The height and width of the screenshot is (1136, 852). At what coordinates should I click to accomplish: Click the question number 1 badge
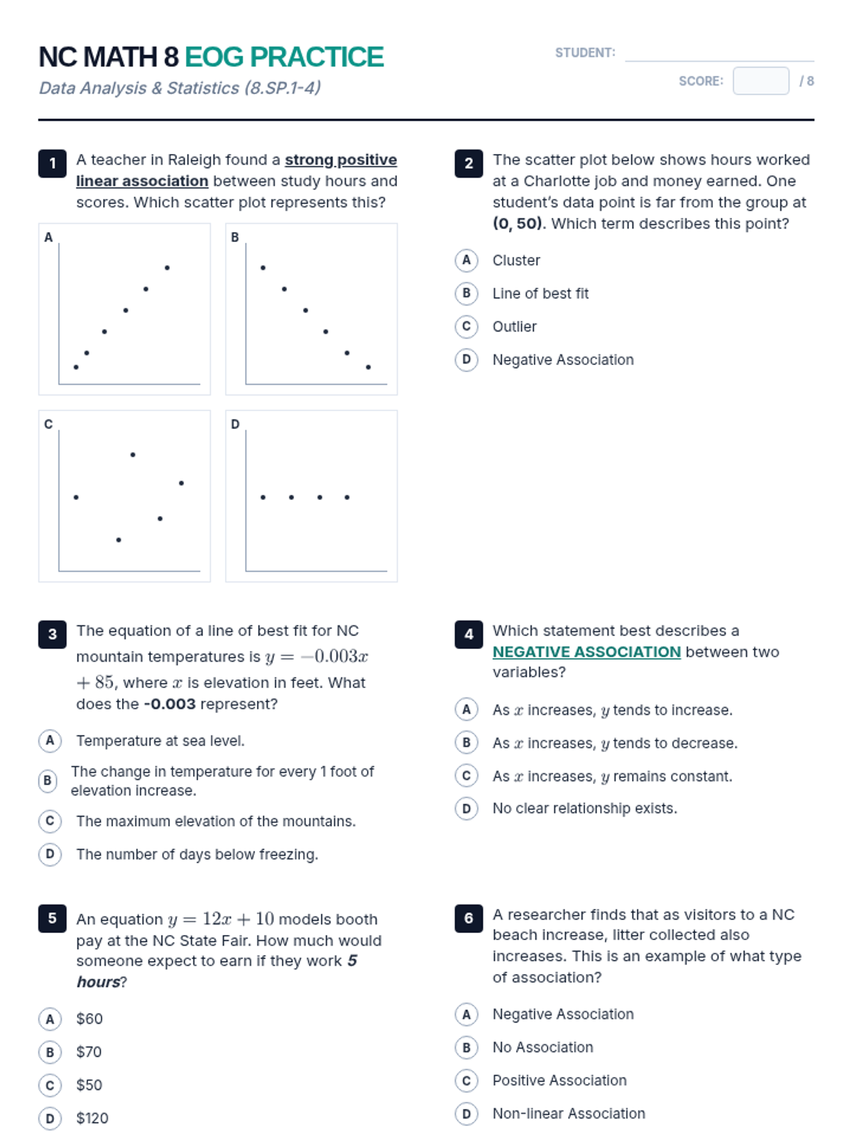[52, 163]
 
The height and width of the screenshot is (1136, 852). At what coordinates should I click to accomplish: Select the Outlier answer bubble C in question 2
[466, 327]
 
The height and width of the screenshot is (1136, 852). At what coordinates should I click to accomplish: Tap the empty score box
[760, 81]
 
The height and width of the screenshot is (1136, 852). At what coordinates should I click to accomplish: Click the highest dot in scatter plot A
[167, 268]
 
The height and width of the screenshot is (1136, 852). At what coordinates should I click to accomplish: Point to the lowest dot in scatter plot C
[119, 540]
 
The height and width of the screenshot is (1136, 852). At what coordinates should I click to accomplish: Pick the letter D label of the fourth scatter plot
[235, 424]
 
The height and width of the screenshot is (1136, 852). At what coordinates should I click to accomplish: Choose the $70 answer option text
[89, 1052]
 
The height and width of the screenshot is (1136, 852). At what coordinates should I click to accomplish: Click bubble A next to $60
[50, 1019]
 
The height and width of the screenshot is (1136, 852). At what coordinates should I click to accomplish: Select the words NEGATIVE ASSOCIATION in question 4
[586, 652]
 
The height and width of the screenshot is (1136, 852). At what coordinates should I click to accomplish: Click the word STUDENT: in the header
[584, 53]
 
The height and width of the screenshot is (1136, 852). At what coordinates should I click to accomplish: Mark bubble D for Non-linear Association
[466, 1113]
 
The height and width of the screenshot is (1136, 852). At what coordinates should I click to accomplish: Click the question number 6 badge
[469, 918]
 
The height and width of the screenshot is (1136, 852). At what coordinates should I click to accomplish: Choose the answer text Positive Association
[559, 1080]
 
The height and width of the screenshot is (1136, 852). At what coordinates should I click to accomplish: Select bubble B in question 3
[47, 781]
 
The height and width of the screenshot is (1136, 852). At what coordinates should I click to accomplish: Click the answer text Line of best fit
[540, 293]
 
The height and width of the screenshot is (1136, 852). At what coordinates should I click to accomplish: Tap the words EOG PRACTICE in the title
[284, 57]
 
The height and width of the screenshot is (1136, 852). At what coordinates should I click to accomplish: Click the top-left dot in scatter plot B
[263, 268]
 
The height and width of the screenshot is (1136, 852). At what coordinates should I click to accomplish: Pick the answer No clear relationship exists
[584, 808]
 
